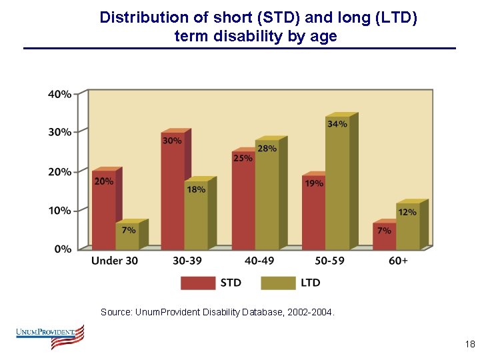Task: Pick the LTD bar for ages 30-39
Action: (196, 217)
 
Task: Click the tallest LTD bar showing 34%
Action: (337, 187)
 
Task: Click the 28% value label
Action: (267, 149)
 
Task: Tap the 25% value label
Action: (243, 158)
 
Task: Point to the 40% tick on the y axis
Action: (60, 94)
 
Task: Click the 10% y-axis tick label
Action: (60, 211)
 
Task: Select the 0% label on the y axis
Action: (63, 249)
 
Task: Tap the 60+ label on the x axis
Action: (397, 261)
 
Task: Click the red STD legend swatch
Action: (198, 283)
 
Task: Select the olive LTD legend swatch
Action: (278, 283)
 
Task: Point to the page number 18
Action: (469, 345)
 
